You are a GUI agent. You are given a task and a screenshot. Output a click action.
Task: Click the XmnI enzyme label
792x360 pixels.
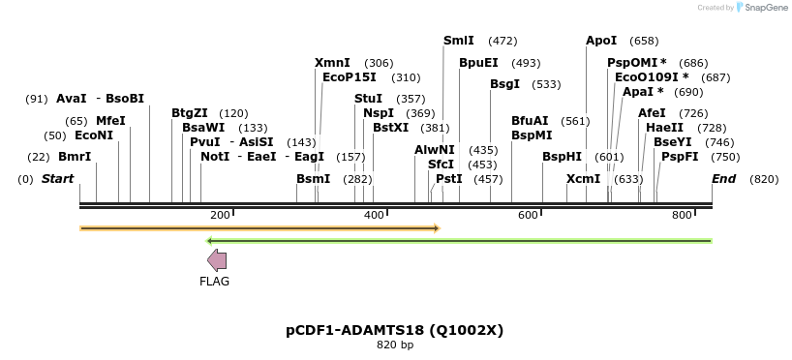(332, 63)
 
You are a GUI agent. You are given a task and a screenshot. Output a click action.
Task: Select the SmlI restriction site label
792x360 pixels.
(458, 41)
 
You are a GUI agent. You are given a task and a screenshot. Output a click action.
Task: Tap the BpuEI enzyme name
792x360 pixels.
(478, 63)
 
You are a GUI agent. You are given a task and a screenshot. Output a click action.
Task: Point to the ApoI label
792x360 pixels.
(600, 41)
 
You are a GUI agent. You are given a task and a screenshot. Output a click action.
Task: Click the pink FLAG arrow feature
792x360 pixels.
(217, 259)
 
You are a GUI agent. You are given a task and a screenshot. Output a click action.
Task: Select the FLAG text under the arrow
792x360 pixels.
(214, 282)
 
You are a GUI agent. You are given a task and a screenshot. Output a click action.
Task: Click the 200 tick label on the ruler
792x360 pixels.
(220, 215)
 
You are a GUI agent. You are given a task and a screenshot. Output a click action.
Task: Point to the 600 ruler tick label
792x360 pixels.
(528, 215)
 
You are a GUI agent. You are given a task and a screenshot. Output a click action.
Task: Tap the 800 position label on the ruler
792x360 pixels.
(682, 215)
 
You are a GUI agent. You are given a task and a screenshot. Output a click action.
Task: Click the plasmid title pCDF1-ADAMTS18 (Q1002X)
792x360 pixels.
(394, 330)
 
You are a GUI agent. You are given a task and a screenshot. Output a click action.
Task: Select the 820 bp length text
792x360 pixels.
(394, 345)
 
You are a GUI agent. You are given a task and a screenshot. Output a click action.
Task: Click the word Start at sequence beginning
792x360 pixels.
(57, 179)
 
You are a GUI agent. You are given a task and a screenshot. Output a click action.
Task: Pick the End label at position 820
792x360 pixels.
(723, 179)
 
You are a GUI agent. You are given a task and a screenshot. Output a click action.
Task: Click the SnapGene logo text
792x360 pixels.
(765, 8)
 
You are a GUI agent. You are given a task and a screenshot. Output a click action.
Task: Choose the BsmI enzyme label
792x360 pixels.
(313, 179)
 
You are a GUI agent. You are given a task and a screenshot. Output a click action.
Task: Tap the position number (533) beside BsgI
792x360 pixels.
(546, 84)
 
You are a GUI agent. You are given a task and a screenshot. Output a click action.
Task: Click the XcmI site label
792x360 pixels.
(583, 179)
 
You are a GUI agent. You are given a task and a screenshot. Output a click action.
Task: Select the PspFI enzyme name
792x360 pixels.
(680, 157)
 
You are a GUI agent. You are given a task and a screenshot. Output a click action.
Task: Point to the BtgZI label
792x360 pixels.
(189, 113)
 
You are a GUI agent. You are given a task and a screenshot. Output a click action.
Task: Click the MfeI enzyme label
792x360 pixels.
(110, 121)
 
